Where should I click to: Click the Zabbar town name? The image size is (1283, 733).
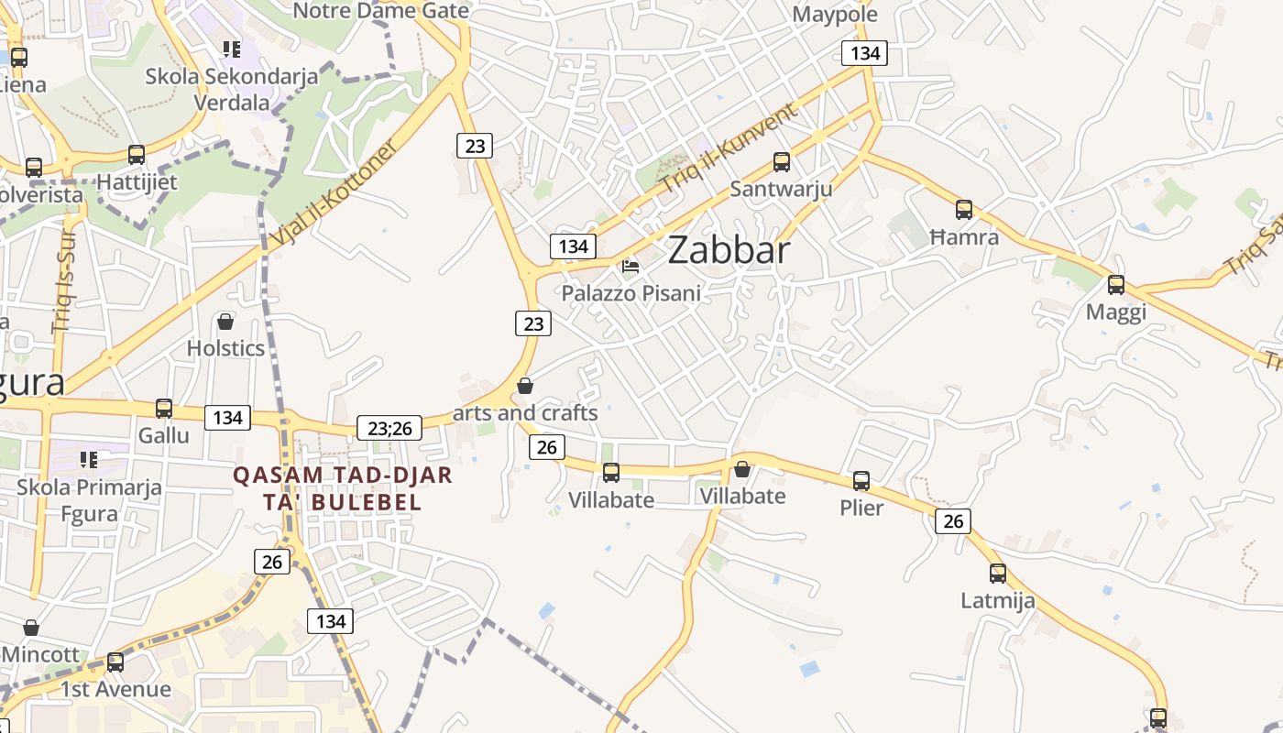pyautogui.click(x=729, y=249)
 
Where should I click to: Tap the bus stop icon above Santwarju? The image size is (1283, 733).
pyautogui.click(x=782, y=162)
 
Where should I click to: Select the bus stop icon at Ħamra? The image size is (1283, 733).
pyautogui.click(x=964, y=210)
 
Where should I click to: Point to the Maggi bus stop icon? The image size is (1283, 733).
pyautogui.click(x=1115, y=285)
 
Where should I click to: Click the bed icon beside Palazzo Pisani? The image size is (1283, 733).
pyautogui.click(x=631, y=267)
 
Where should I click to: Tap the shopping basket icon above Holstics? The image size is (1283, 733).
pyautogui.click(x=225, y=322)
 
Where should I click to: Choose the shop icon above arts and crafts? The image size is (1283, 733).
pyautogui.click(x=525, y=386)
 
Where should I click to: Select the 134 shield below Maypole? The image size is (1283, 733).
pyautogui.click(x=865, y=53)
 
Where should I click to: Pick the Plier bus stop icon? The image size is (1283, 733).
pyautogui.click(x=861, y=481)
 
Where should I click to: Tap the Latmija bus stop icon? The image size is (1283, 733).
pyautogui.click(x=998, y=574)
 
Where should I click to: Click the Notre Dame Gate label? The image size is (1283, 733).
pyautogui.click(x=380, y=11)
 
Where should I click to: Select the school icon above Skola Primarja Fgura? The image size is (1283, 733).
pyautogui.click(x=89, y=459)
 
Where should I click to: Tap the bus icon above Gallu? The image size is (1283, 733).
pyautogui.click(x=164, y=409)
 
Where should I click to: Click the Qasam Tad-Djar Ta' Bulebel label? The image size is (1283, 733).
pyautogui.click(x=342, y=488)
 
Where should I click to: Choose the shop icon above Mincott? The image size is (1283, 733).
pyautogui.click(x=31, y=628)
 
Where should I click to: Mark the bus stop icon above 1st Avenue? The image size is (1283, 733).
pyautogui.click(x=115, y=662)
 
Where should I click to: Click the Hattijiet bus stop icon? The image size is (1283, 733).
pyautogui.click(x=137, y=155)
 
